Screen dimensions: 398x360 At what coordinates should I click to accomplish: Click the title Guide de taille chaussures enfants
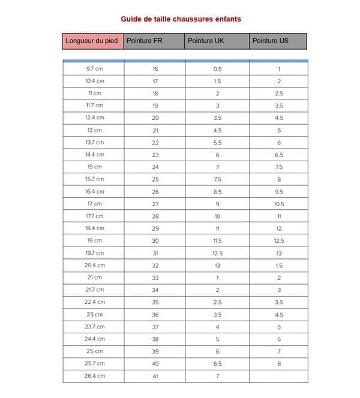(x=181, y=19)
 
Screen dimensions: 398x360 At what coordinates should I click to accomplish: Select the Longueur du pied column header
(x=93, y=41)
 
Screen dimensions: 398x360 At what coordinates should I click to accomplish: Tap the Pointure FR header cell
(x=154, y=41)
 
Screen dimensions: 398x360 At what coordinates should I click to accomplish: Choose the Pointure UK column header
(x=217, y=41)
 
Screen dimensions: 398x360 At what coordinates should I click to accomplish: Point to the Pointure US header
(x=278, y=41)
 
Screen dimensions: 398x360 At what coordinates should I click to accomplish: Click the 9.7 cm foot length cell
(x=94, y=69)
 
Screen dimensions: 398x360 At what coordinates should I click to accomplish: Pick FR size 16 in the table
(x=155, y=69)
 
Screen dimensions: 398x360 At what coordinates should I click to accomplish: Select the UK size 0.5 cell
(x=217, y=69)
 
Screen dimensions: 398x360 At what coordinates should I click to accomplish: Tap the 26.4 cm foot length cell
(x=94, y=376)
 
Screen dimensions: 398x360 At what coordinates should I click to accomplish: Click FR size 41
(x=155, y=376)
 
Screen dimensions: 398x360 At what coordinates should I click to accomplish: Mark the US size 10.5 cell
(x=279, y=204)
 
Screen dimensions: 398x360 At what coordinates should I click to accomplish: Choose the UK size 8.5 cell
(x=217, y=192)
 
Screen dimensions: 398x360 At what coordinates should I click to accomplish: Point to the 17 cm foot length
(x=94, y=204)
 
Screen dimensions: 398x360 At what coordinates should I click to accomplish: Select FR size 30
(x=155, y=241)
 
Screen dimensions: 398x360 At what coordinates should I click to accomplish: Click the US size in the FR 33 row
(x=279, y=278)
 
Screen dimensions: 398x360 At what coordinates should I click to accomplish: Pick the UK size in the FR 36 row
(x=217, y=315)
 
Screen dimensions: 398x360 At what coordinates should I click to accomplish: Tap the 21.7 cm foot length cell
(x=94, y=290)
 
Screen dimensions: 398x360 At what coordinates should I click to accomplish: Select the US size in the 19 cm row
(x=279, y=241)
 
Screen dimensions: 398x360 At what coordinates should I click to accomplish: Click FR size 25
(x=155, y=179)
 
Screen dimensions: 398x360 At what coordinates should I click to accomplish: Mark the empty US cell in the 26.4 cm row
(x=279, y=376)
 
